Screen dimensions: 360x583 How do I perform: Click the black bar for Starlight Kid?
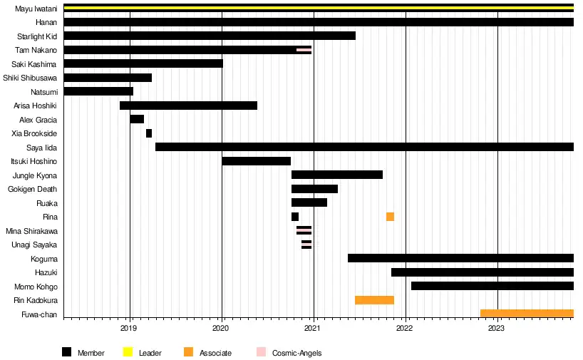click(x=209, y=36)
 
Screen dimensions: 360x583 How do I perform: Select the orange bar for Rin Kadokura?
click(x=374, y=300)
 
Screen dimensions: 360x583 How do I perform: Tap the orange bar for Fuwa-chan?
click(x=527, y=314)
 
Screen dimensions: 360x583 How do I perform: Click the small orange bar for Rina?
click(x=390, y=217)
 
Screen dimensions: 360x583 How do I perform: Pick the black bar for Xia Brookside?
click(x=149, y=133)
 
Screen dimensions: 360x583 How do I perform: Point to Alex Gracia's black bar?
click(x=137, y=119)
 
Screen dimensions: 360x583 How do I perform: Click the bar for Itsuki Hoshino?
click(x=256, y=161)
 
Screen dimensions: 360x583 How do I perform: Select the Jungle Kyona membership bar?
click(x=337, y=175)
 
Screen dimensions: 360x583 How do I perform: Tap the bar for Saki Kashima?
click(x=143, y=63)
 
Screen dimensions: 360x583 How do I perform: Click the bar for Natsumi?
click(x=98, y=91)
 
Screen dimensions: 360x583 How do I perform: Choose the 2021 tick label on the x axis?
click(x=314, y=329)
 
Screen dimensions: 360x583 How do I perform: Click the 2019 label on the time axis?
click(x=130, y=329)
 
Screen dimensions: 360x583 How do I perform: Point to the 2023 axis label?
click(x=497, y=329)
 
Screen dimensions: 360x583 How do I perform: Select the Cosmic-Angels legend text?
click(x=296, y=353)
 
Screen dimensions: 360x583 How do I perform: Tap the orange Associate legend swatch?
click(x=188, y=352)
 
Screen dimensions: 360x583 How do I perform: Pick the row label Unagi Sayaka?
click(x=34, y=245)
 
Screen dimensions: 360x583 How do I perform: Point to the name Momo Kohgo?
click(x=36, y=287)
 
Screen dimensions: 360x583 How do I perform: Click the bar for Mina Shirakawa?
click(x=304, y=230)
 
